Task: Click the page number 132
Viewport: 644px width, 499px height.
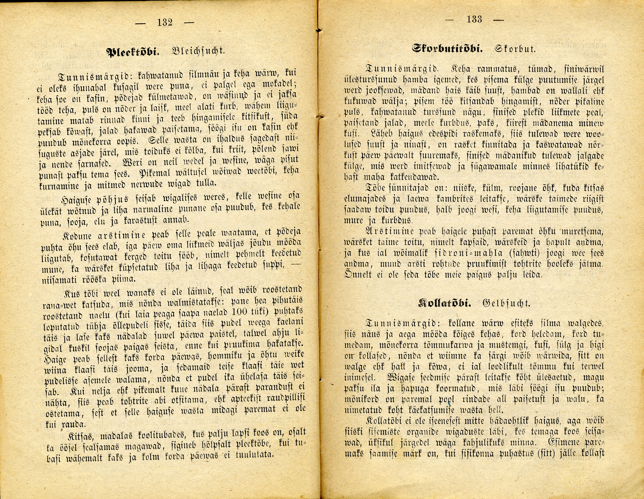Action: coord(165,22)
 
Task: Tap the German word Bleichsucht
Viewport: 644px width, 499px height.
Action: coord(198,51)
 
